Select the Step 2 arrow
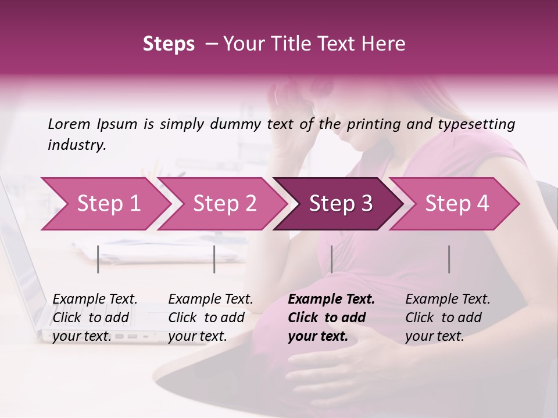pos(224,204)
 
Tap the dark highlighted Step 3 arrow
pos(341,204)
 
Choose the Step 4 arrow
pos(457,204)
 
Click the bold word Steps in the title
pos(169,44)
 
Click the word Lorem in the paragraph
pos(69,124)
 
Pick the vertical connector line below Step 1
pos(98,259)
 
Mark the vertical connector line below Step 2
pos(214,259)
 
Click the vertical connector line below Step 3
pos(331,259)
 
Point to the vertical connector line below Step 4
pos(449,259)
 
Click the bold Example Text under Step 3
pos(331,300)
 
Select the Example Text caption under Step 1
pos(95,300)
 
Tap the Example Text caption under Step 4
pos(448,300)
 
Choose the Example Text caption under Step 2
pos(210,300)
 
